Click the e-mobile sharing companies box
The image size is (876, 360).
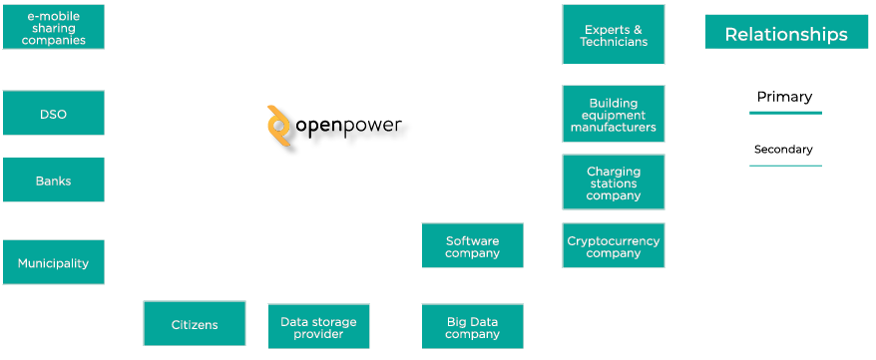coord(53,27)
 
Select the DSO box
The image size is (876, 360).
coord(53,114)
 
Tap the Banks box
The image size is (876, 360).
coord(53,180)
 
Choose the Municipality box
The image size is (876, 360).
coord(53,262)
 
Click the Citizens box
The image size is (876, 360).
coord(195,324)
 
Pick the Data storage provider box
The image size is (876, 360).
coord(318,327)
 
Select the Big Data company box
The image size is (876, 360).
coord(472,327)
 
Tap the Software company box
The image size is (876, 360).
coord(472,246)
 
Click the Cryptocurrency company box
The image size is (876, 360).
coord(613,246)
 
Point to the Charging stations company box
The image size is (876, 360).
coord(613,182)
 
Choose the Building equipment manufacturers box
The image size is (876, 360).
coord(613,114)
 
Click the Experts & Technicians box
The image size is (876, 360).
coord(613,35)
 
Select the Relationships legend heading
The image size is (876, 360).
coord(786,34)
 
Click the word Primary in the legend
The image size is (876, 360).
coord(784,97)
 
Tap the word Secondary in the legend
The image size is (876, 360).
coord(783,150)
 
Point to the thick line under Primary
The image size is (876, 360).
coord(785,113)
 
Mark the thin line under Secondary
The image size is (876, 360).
coord(785,165)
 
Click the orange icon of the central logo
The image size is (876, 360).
coord(279,128)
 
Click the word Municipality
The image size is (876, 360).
coord(53,263)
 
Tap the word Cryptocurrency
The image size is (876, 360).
coord(613,240)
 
